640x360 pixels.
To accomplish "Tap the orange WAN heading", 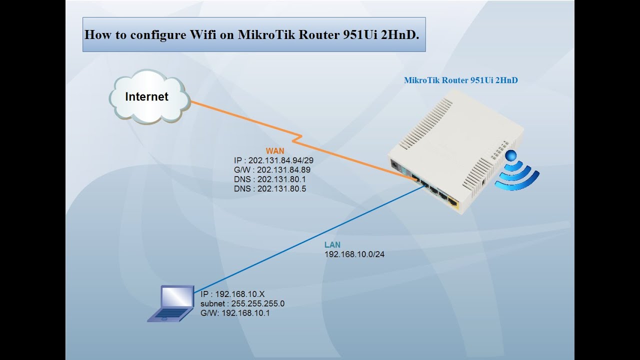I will click(275, 150).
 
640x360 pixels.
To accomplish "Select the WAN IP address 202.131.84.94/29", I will click(273, 160).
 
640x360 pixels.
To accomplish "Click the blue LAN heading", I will click(332, 245).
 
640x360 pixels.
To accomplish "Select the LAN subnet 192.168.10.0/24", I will click(354, 254).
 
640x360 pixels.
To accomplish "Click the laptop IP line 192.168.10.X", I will click(232, 294).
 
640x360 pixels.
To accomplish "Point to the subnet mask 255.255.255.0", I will click(242, 303).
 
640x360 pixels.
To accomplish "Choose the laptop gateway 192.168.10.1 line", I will click(235, 313).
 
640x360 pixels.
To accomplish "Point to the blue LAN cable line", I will click(310, 240).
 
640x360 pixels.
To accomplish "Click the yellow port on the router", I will click(453, 202).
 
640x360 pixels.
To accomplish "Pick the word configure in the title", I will click(153, 35).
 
